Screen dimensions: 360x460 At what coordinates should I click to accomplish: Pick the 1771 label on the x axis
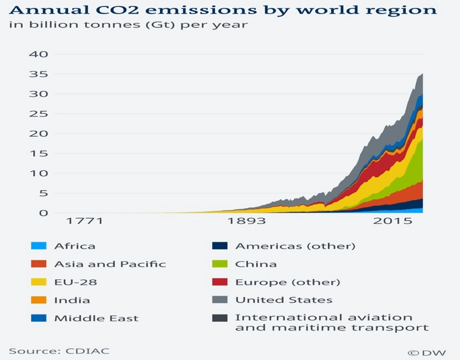point(84,221)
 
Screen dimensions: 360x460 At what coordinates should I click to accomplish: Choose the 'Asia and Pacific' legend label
point(110,264)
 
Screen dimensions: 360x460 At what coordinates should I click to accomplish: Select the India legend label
point(72,300)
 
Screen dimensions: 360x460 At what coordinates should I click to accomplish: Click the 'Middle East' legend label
point(96,318)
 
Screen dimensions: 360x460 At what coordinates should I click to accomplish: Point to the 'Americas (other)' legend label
point(295,246)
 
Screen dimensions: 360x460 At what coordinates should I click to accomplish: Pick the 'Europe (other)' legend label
point(288,282)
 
